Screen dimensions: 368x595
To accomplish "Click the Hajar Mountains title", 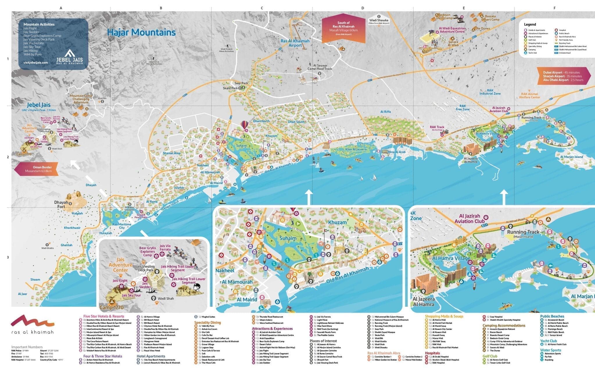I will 141,32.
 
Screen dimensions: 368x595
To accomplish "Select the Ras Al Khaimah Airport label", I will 295,43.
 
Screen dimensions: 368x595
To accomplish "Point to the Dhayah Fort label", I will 61,205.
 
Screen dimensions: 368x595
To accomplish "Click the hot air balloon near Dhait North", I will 245,125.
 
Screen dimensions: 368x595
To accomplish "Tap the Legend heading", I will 530,24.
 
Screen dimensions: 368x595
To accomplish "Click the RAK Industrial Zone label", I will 490,92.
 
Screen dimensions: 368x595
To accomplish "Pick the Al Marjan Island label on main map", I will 571,157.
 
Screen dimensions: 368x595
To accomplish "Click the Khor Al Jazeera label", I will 356,149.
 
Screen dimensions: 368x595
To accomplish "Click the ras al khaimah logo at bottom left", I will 33,325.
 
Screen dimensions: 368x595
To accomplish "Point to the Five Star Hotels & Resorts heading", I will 103,316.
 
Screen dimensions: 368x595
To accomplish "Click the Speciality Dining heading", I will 207,322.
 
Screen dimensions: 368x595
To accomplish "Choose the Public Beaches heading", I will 552,316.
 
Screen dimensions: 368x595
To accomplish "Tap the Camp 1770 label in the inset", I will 112,307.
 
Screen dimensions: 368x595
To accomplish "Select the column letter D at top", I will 363,8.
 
